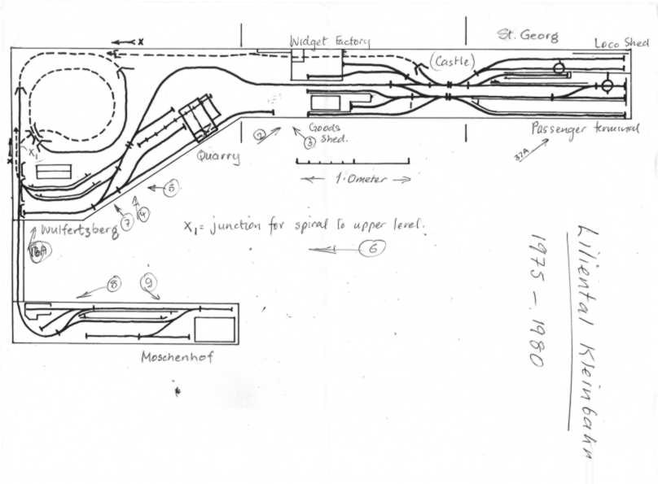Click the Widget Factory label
tap(330, 41)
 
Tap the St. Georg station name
tap(528, 36)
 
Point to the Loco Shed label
tap(621, 42)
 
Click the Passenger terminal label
tap(585, 129)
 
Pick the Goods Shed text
tap(327, 134)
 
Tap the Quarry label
tap(218, 156)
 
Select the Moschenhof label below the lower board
tap(177, 356)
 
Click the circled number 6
tap(372, 250)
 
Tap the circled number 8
tap(113, 285)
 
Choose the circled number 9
tap(148, 283)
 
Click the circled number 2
tap(258, 136)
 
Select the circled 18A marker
tap(37, 252)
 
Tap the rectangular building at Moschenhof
tap(215, 329)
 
